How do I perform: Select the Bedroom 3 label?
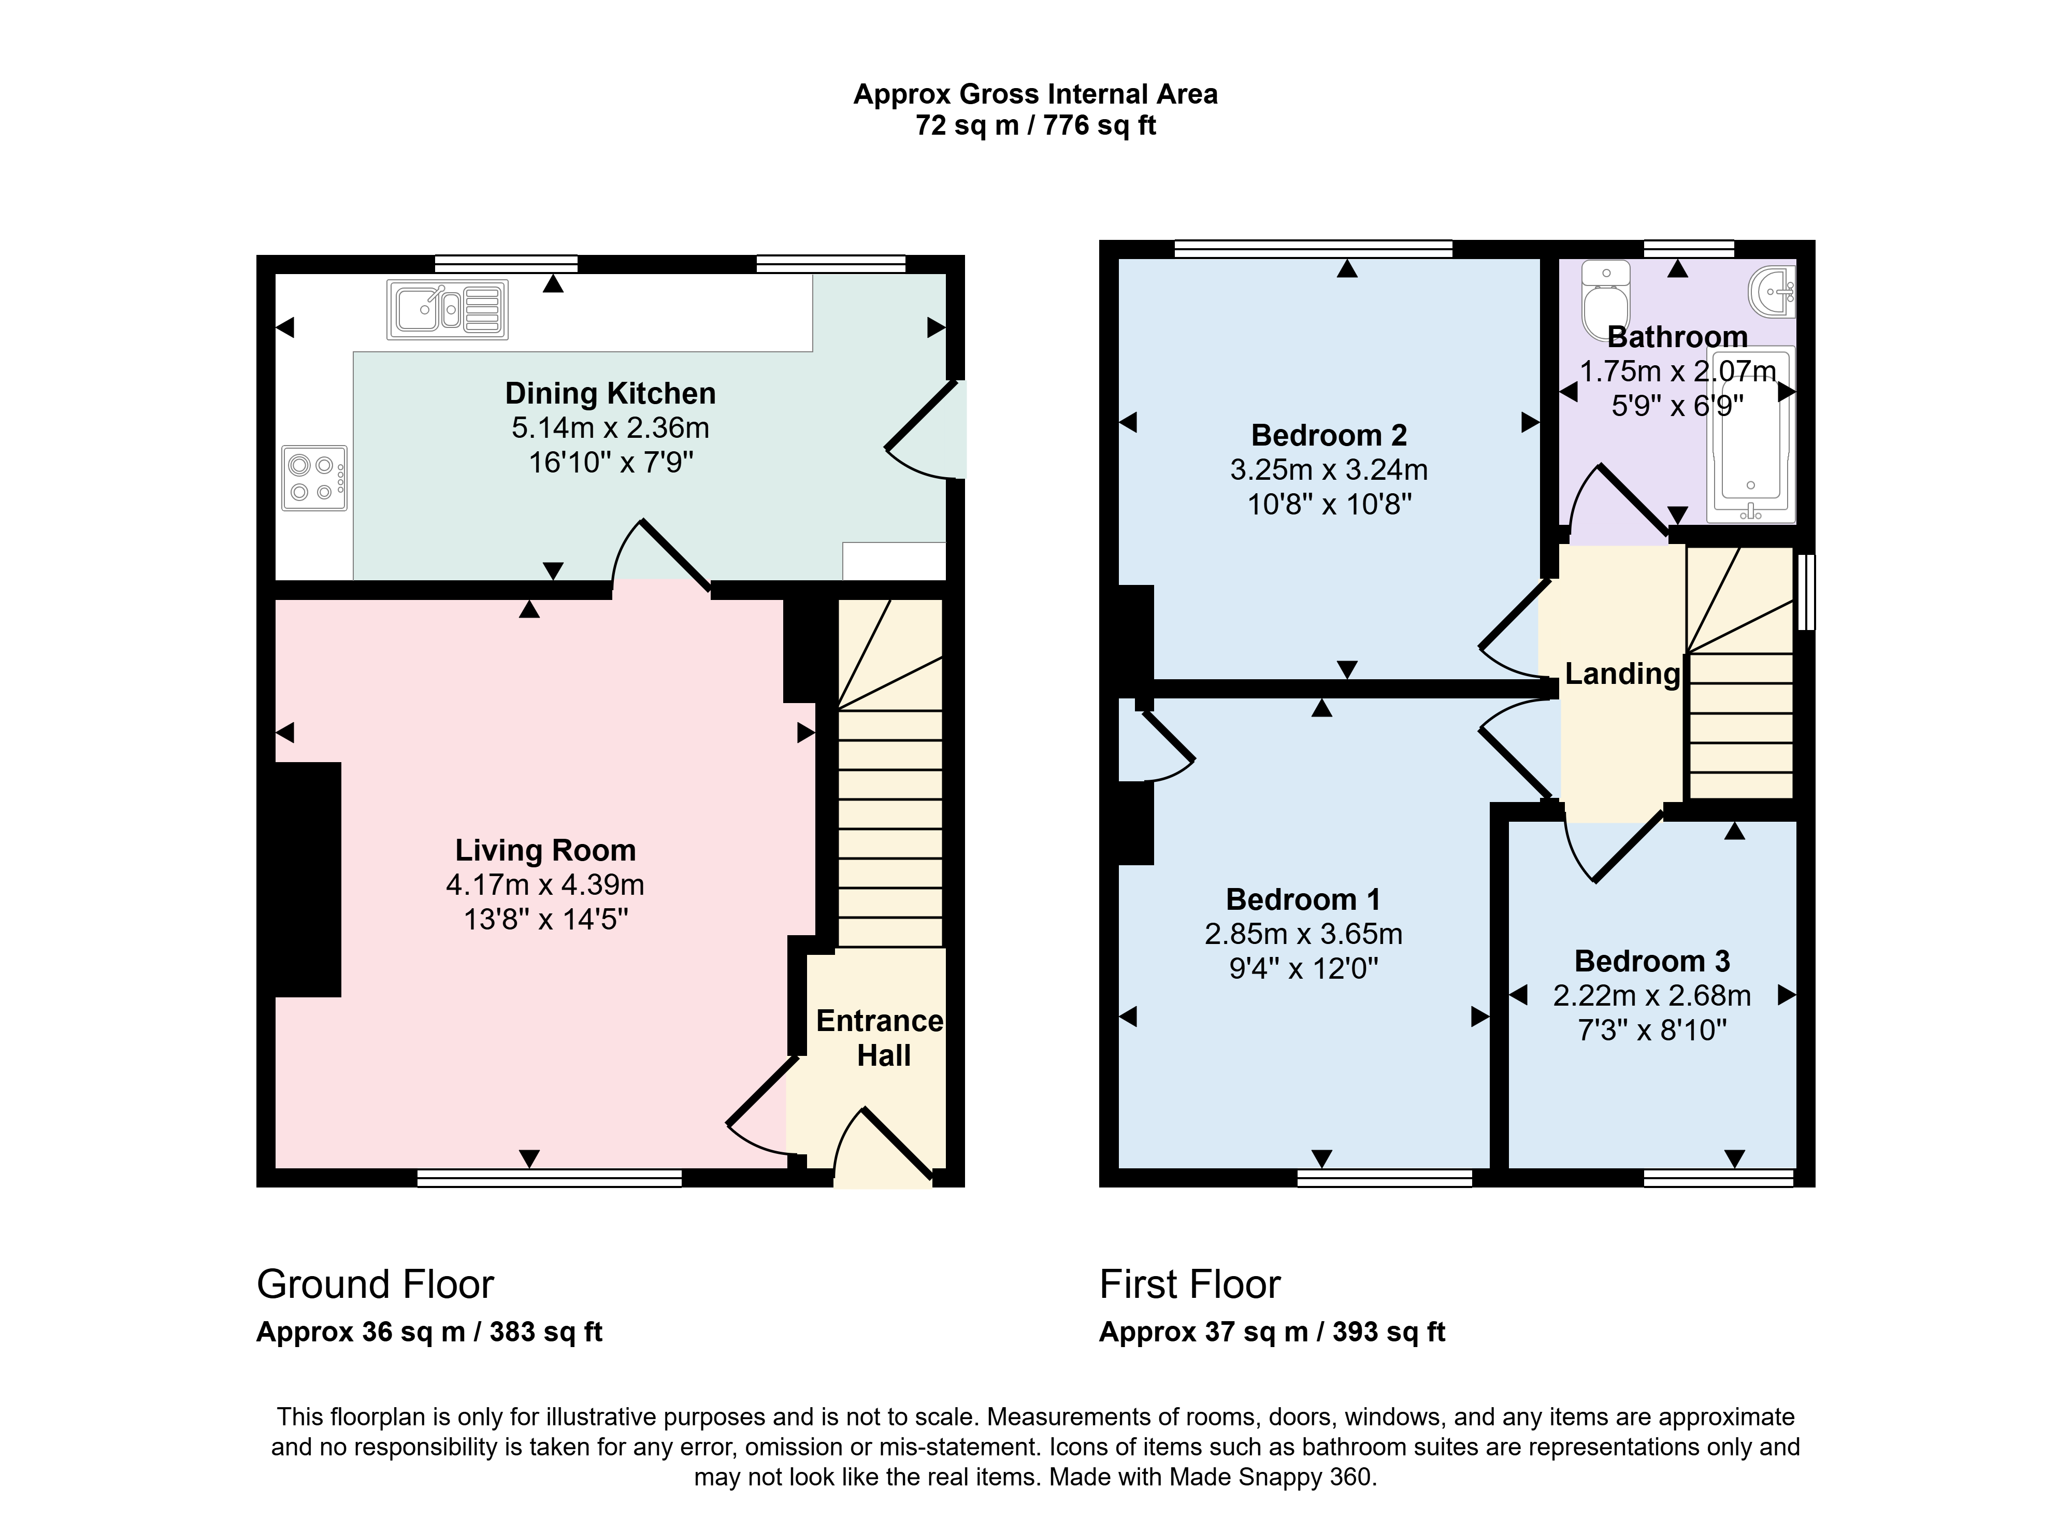(x=1652, y=961)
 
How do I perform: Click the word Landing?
(x=1622, y=674)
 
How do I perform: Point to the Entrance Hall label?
(x=880, y=1038)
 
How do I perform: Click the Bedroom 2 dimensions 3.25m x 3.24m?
(x=1329, y=470)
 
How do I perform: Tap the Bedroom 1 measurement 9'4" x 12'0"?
(x=1304, y=968)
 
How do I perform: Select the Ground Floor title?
(x=376, y=1284)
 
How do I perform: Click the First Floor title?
(x=1190, y=1284)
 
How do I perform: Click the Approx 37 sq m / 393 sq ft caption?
(x=1272, y=1332)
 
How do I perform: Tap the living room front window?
(x=550, y=1178)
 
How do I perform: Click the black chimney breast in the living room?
(x=309, y=880)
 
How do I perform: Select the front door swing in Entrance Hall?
(x=882, y=1147)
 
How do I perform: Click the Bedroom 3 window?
(x=1719, y=1178)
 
